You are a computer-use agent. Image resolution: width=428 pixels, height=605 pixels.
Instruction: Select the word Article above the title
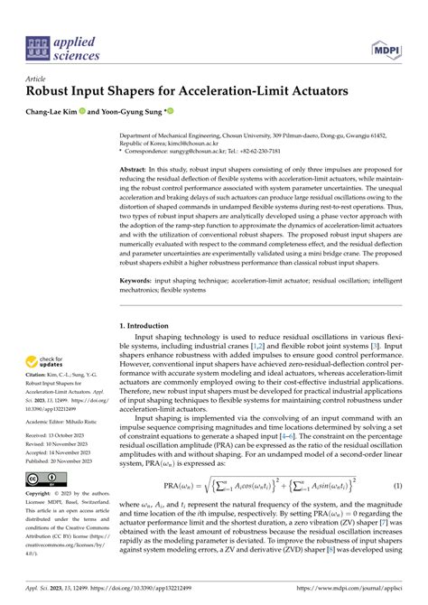38,79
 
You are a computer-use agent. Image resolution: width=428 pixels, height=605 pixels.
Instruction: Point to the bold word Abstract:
138,169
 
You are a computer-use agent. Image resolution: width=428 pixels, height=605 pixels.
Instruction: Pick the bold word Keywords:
140,283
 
